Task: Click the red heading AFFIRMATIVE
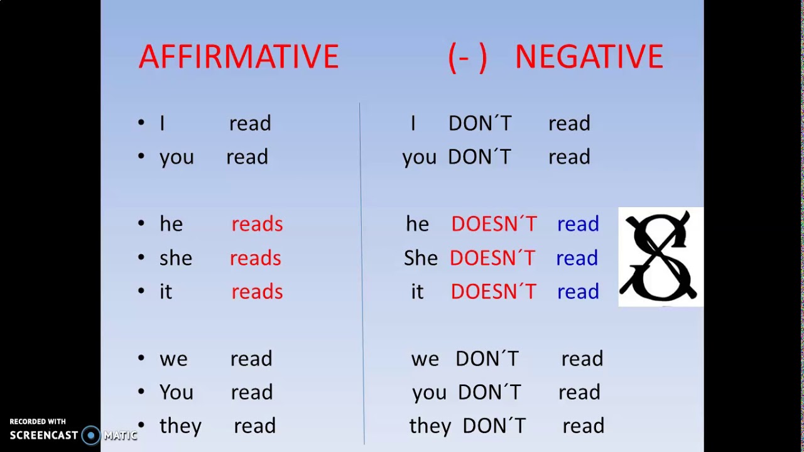coord(238,57)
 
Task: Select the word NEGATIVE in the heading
coord(589,57)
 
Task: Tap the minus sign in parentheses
coord(467,58)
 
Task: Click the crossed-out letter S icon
coord(660,257)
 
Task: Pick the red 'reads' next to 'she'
coord(255,258)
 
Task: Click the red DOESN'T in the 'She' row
coord(492,258)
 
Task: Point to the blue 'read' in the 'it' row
coord(578,292)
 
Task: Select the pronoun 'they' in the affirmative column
coord(180,426)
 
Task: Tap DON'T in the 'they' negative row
coord(494,426)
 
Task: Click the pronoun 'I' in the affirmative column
coord(162,124)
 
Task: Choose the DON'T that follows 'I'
coord(480,124)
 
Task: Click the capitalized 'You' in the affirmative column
coord(177,392)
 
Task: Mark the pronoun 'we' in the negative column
coord(425,359)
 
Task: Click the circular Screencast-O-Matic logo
coord(91,435)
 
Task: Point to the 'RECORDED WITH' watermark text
coord(38,422)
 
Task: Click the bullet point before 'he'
coord(141,223)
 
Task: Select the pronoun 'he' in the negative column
coord(417,224)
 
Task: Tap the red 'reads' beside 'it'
coord(257,292)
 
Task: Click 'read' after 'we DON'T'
coord(582,359)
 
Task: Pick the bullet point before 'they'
coord(141,425)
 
